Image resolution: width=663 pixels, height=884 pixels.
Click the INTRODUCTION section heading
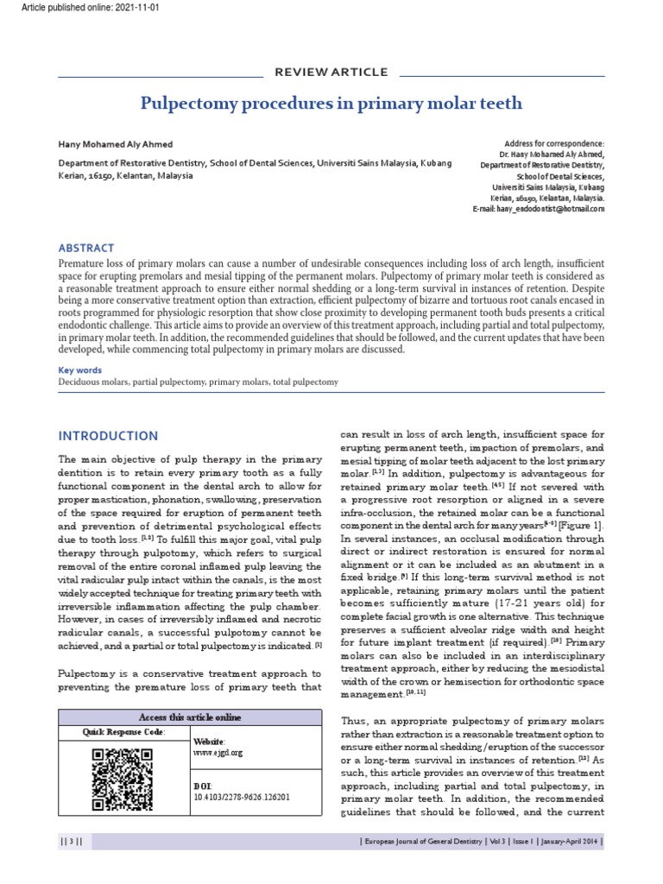pos(108,436)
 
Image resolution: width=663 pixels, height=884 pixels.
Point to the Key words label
pos(79,369)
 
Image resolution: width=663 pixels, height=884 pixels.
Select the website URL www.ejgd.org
pos(218,753)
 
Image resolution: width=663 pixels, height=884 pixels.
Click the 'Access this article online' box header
pos(191,717)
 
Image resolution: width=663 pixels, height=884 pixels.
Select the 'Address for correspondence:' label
pos(554,143)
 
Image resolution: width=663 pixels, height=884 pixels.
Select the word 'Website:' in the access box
pos(210,742)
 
